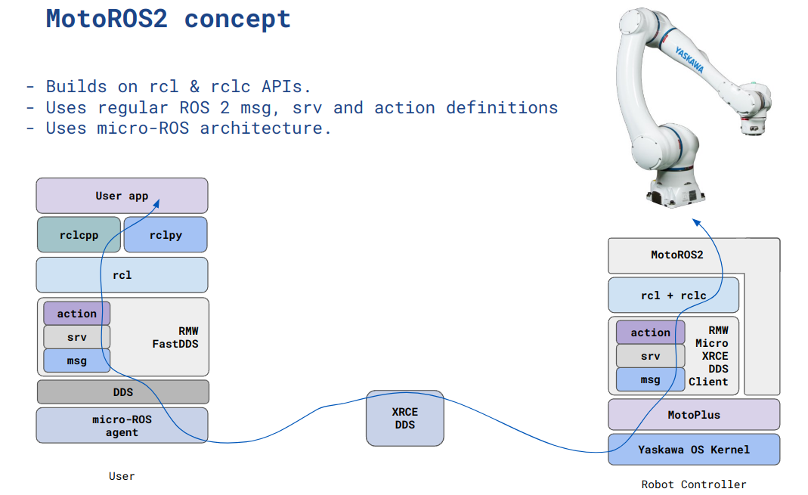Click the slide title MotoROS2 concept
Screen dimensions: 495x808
(168, 18)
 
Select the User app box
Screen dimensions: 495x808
(122, 196)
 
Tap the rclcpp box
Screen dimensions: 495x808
(79, 235)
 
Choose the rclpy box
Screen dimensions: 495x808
(165, 235)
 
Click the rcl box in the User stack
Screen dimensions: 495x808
(122, 275)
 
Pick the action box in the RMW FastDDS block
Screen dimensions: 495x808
(76, 314)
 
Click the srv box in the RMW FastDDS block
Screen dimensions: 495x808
(76, 337)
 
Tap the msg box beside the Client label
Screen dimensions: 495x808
(650, 379)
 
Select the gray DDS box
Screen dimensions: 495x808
(122, 392)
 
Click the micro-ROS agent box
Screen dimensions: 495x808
(122, 425)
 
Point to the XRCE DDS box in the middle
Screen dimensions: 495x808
(404, 418)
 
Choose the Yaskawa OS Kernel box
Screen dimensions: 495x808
(694, 450)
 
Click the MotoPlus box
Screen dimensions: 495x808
(694, 415)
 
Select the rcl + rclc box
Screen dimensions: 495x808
(673, 295)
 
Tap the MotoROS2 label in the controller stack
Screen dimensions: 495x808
(676, 255)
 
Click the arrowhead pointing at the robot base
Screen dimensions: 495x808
(697, 222)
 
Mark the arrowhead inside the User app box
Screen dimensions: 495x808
(157, 202)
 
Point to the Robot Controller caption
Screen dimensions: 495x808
(693, 484)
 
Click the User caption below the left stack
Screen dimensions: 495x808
(122, 476)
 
